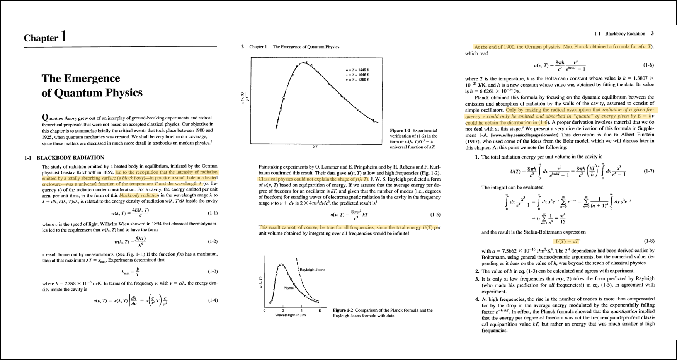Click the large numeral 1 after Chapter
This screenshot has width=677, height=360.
pyautogui.click(x=63, y=36)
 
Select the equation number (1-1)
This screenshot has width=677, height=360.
pyautogui.click(x=213, y=213)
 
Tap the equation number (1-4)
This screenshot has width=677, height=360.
pyautogui.click(x=213, y=300)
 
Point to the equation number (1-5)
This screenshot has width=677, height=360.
pyautogui.click(x=435, y=215)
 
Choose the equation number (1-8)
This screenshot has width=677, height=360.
pyautogui.click(x=649, y=241)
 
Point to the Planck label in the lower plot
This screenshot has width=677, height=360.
pyautogui.click(x=289, y=288)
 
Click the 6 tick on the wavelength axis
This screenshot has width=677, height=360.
pyautogui.click(x=320, y=311)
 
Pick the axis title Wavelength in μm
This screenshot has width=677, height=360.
pyautogui.click(x=290, y=315)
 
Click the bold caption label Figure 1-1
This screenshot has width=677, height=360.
pyautogui.click(x=401, y=131)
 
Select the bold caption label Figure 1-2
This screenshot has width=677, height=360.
pyautogui.click(x=343, y=310)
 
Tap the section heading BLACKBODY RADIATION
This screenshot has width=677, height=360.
pyautogui.click(x=70, y=158)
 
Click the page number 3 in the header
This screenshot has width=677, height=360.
pyautogui.click(x=652, y=34)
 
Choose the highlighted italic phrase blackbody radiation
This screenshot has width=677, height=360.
pyautogui.click(x=139, y=195)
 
